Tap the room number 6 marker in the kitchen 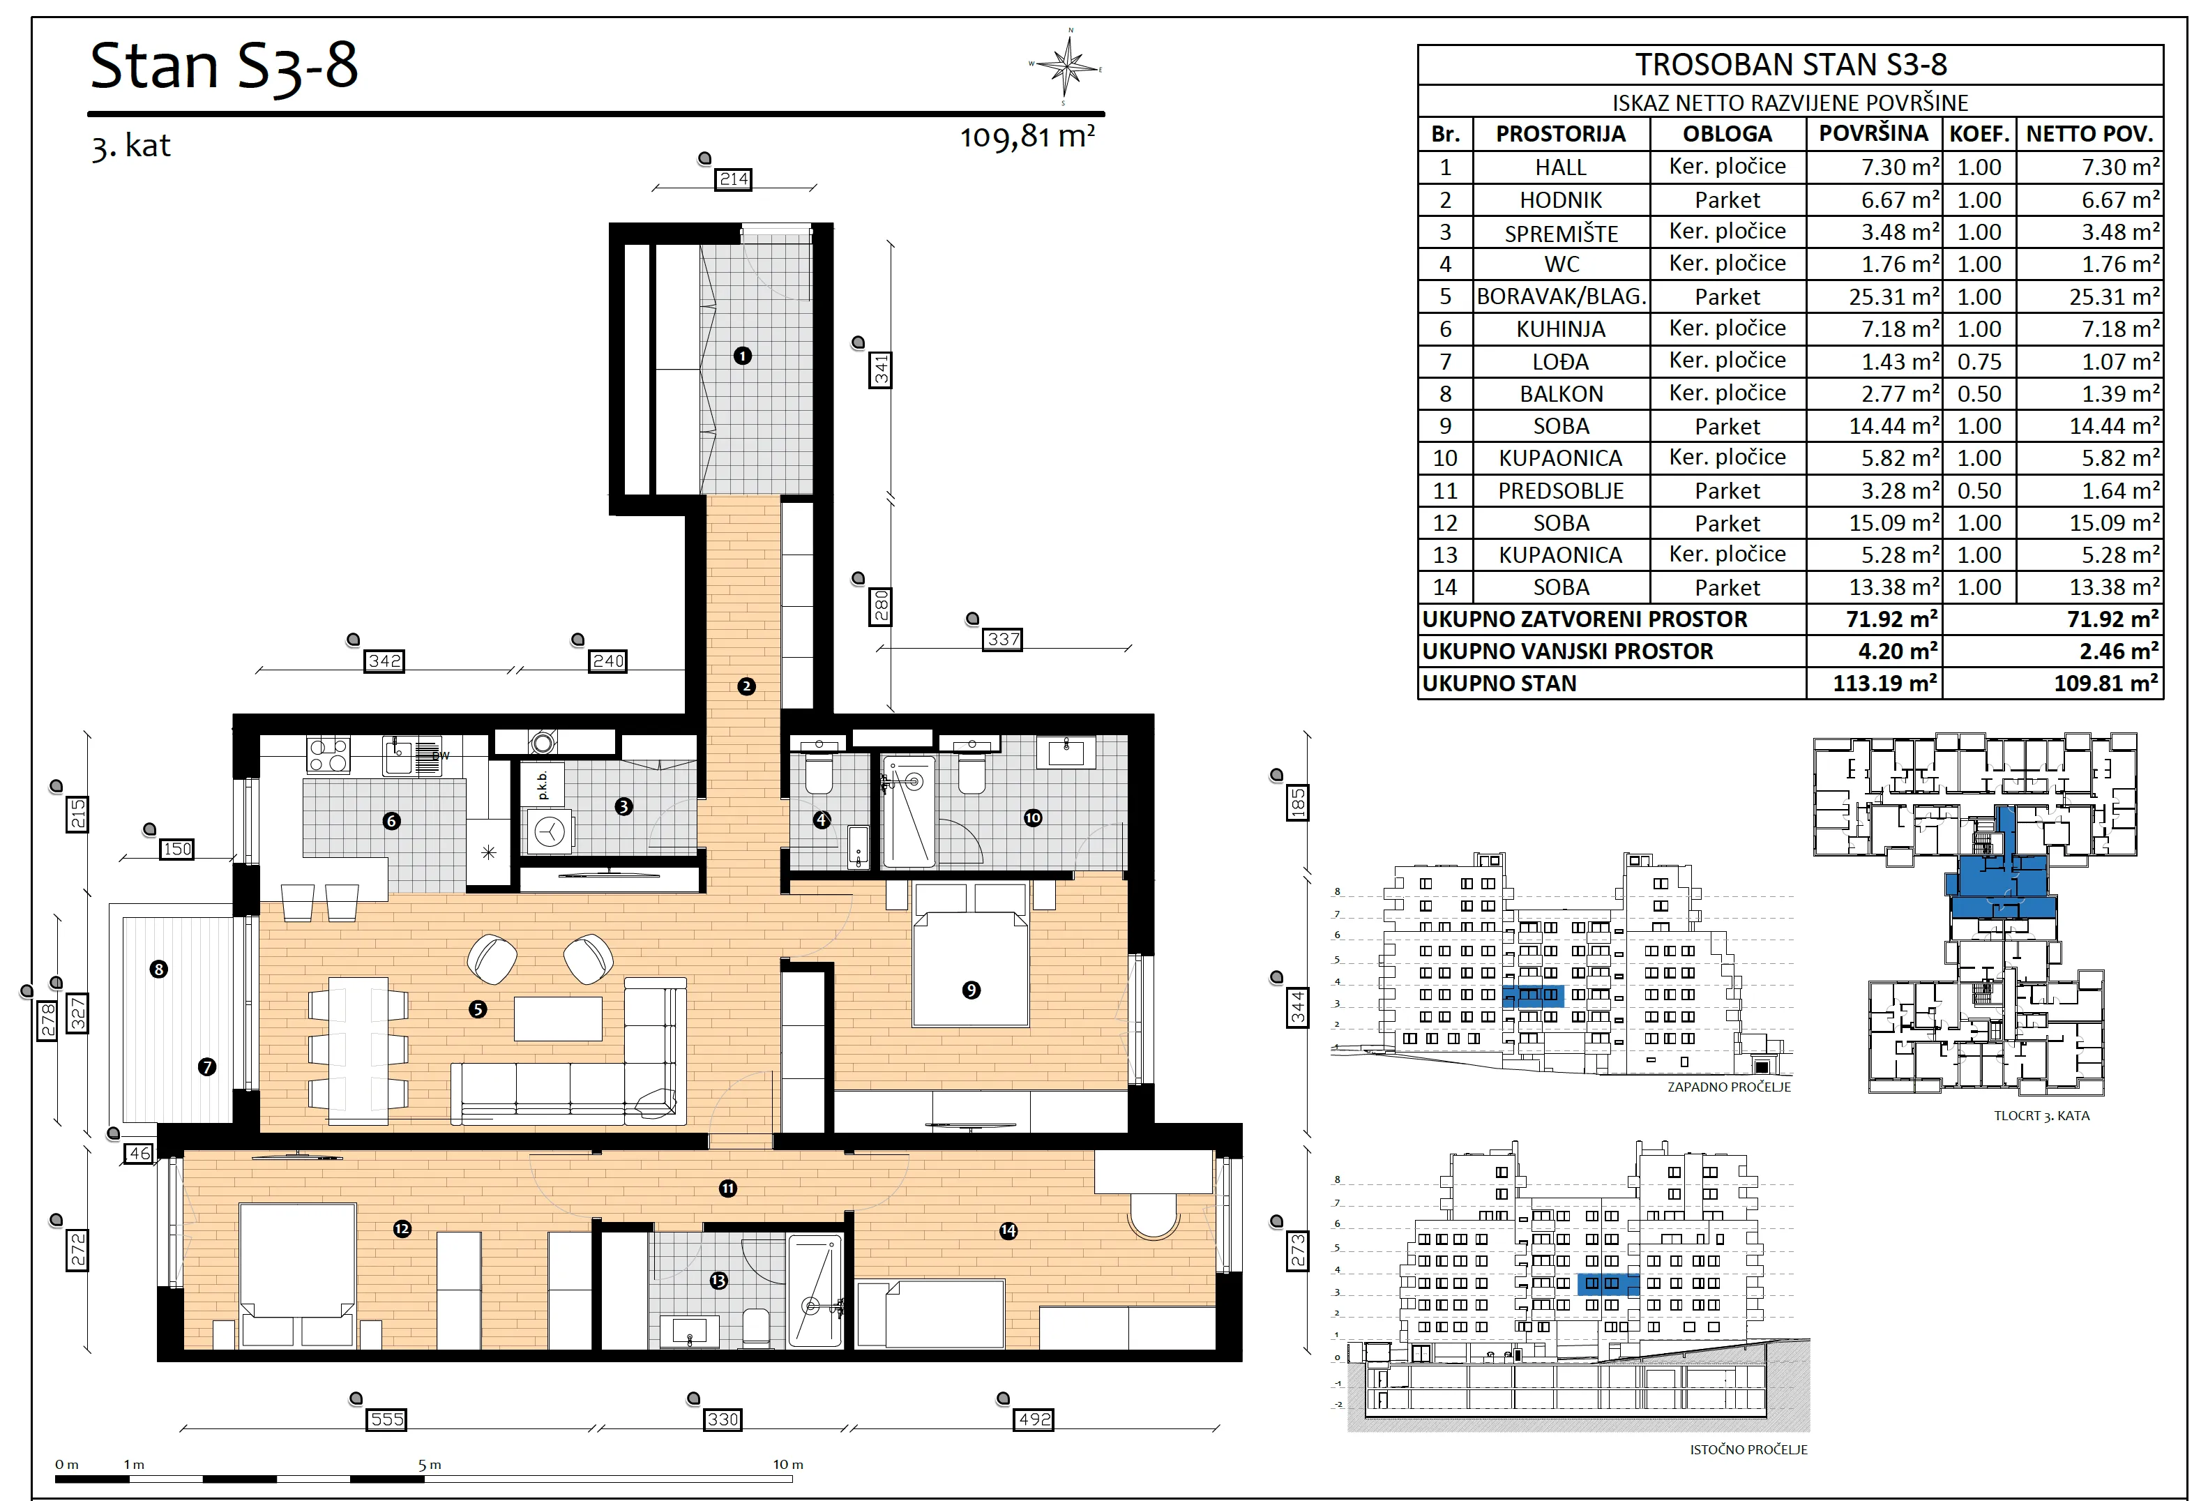point(391,821)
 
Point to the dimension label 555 point(386,1419)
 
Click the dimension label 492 point(1035,1419)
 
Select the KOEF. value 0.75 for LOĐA point(1979,362)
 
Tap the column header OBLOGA point(1727,134)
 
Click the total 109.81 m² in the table point(2105,683)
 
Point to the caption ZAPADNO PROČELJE point(1729,1087)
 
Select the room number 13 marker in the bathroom point(718,1281)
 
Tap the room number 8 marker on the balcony point(159,969)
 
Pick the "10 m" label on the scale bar point(787,1464)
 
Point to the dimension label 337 point(1004,640)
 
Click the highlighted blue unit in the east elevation point(1608,1284)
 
